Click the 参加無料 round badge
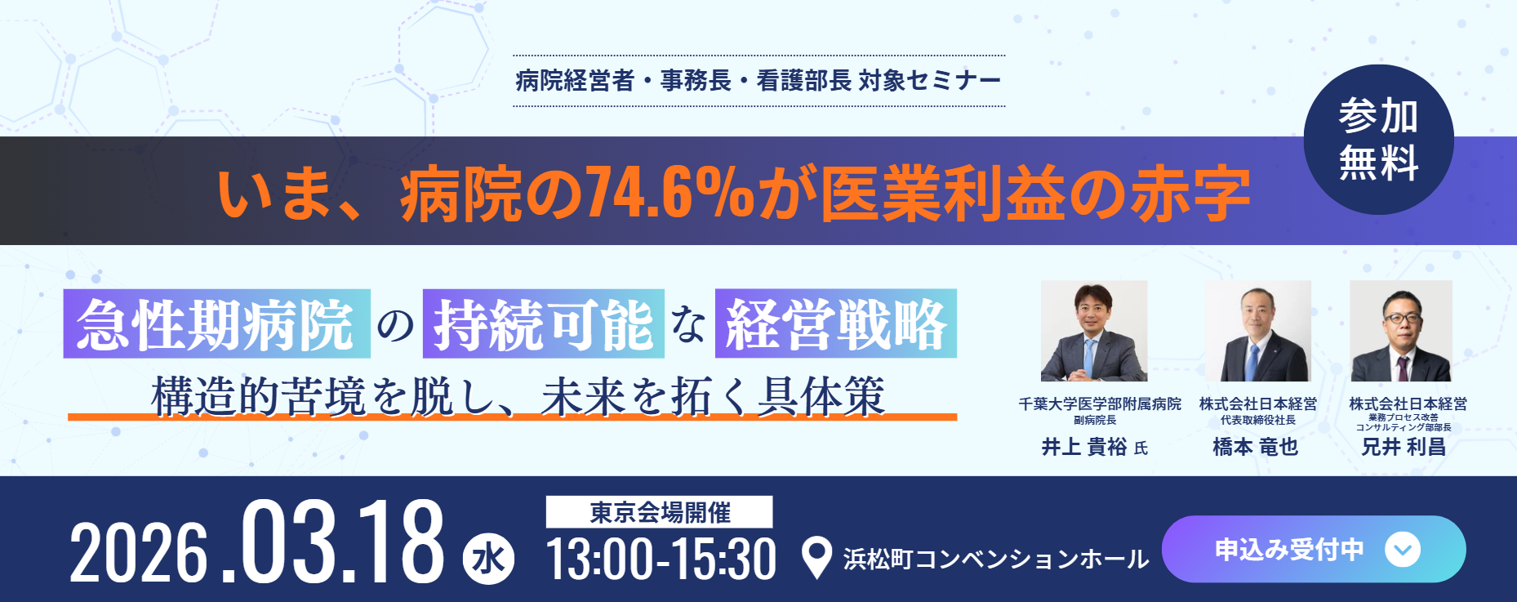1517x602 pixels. tap(1378, 140)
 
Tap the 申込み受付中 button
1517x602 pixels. tap(1314, 549)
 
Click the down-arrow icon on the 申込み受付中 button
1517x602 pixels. tap(1402, 549)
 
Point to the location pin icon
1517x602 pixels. tap(816, 558)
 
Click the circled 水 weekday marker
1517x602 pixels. tap(488, 560)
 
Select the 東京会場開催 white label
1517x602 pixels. tap(659, 512)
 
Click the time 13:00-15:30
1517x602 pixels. tap(661, 560)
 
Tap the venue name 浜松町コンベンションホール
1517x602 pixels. tap(996, 560)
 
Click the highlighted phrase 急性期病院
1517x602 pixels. tap(216, 323)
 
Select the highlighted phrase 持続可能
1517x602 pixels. tap(543, 323)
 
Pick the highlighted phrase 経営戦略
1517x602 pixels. tap(836, 323)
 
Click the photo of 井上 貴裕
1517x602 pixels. tap(1094, 331)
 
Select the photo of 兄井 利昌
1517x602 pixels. tap(1401, 331)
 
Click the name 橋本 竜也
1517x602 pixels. tap(1256, 447)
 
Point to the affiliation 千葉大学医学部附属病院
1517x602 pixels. tap(1100, 404)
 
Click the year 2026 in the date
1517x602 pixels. tap(139, 553)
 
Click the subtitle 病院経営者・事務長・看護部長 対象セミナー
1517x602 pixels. tap(758, 80)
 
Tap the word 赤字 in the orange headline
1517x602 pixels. tap(1190, 194)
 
